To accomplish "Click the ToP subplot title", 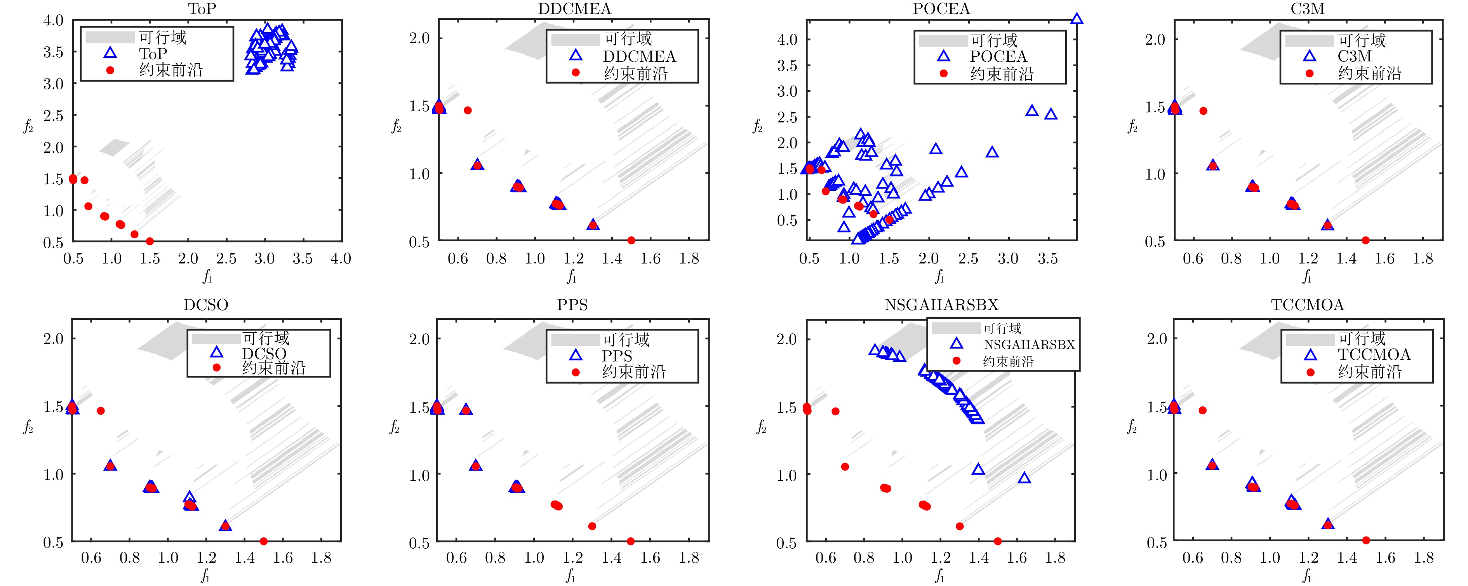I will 202,9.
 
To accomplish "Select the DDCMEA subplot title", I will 574,9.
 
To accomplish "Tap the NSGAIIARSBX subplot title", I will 941,305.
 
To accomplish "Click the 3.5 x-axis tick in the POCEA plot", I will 1047,259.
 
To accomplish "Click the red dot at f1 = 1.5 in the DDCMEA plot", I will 631,241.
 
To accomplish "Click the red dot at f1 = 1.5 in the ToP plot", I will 150,241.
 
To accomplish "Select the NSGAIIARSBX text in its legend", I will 1029,345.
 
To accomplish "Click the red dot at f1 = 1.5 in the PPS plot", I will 630,541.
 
